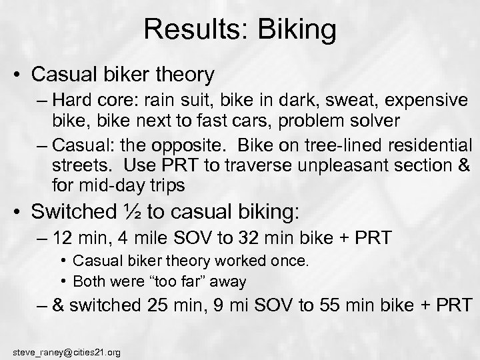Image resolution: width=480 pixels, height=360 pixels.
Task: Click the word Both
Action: click(85, 281)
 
